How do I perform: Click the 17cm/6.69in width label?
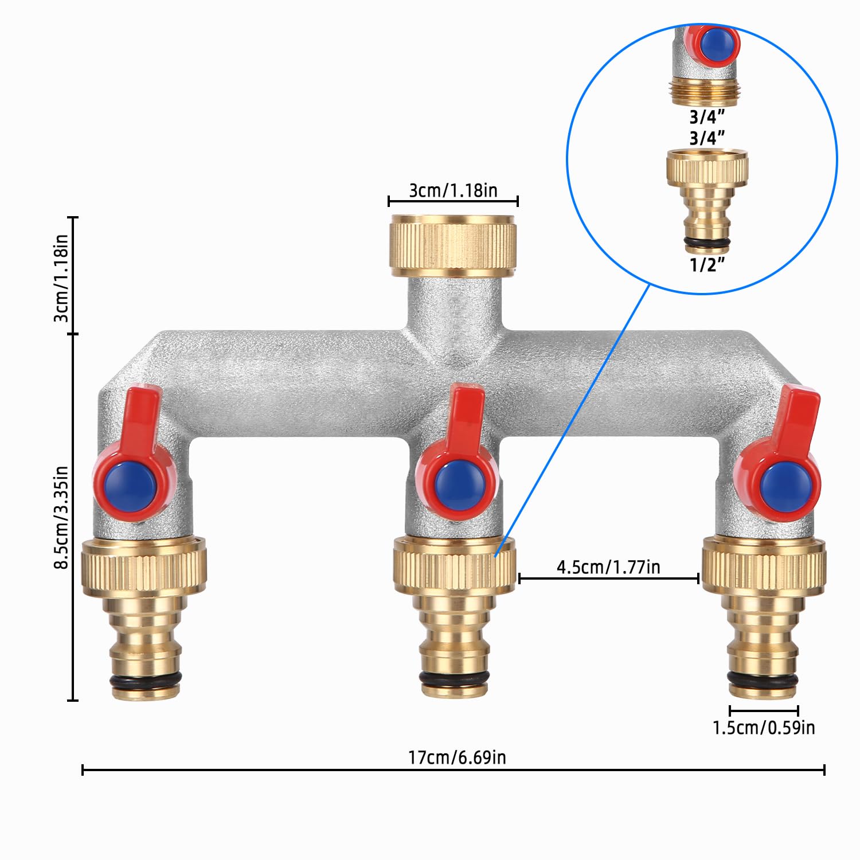tap(457, 757)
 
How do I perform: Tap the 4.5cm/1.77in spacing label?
tap(608, 567)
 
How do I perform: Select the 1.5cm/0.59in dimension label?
tap(763, 728)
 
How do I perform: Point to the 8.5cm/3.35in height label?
tap(61, 517)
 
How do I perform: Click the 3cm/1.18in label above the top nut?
tap(453, 190)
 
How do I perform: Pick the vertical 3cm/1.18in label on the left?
tap(61, 277)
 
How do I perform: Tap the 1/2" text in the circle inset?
tap(707, 265)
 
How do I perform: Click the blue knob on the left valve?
tap(131, 487)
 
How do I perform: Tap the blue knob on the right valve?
tap(785, 488)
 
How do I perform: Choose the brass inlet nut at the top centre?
tap(453, 243)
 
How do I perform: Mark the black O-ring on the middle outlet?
tap(454, 678)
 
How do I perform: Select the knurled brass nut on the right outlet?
tap(764, 566)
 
